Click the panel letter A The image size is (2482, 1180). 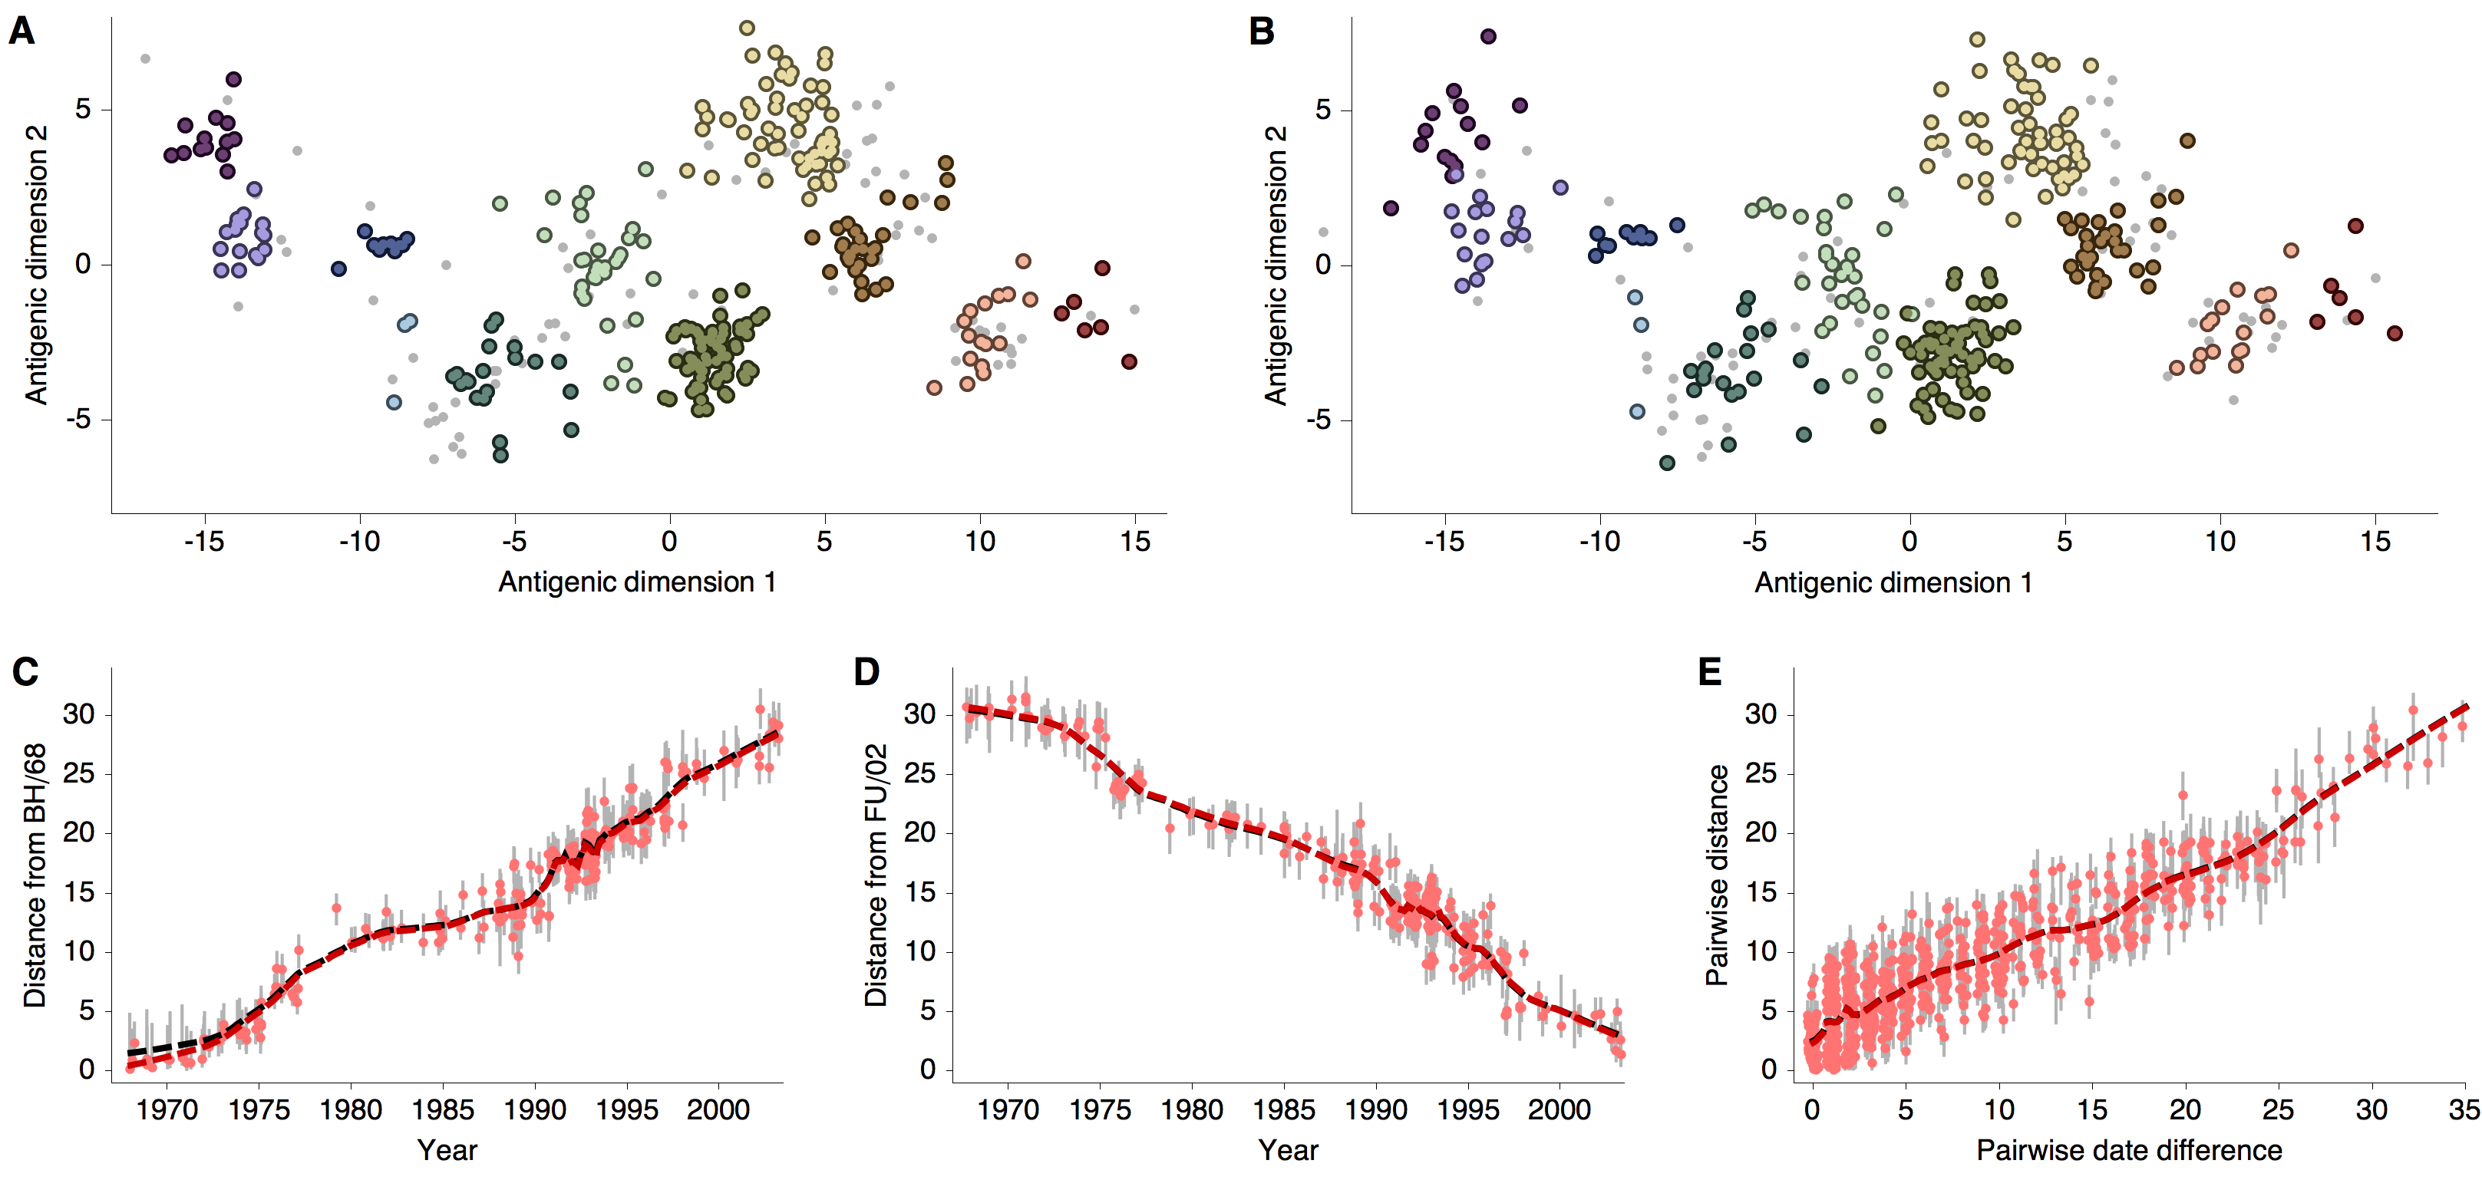click(x=21, y=31)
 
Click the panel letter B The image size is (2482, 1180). click(x=1261, y=31)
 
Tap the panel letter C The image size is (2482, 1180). click(x=25, y=671)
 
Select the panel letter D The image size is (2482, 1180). click(x=866, y=671)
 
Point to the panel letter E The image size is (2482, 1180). click(x=1709, y=671)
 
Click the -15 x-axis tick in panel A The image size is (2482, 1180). click(x=203, y=542)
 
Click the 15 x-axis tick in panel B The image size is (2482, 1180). click(x=2375, y=542)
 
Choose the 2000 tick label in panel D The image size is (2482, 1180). click(x=1559, y=1109)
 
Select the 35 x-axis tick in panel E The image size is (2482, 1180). click(x=2463, y=1109)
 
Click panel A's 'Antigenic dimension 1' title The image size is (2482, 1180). click(x=636, y=582)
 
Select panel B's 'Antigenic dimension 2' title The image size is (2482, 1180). click(x=1275, y=264)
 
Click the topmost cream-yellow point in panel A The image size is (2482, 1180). click(x=747, y=28)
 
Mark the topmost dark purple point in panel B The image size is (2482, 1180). click(x=1489, y=37)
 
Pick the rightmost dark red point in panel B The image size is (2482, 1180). click(x=2395, y=333)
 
